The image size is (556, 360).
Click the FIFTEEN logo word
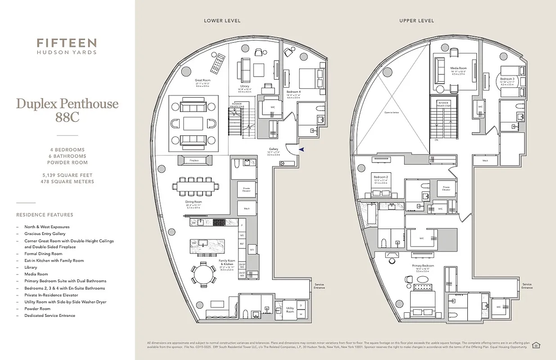tap(67, 43)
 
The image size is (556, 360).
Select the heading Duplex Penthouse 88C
tap(67, 110)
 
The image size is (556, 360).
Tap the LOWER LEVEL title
tap(222, 21)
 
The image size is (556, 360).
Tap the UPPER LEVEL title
tap(417, 21)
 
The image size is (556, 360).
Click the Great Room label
tap(202, 81)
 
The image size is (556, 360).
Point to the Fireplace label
tap(194, 160)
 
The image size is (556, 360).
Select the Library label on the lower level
tap(245, 86)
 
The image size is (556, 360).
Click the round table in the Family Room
tap(205, 274)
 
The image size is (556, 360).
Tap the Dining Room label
tap(193, 202)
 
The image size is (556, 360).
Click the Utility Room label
tap(290, 310)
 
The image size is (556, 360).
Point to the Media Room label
tap(458, 68)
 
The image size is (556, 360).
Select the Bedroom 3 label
tap(507, 79)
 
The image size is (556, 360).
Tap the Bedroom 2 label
tap(381, 177)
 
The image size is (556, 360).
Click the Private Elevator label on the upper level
tap(446, 189)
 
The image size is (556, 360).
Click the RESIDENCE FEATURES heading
tap(45, 215)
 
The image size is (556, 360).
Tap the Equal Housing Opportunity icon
tap(536, 345)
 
